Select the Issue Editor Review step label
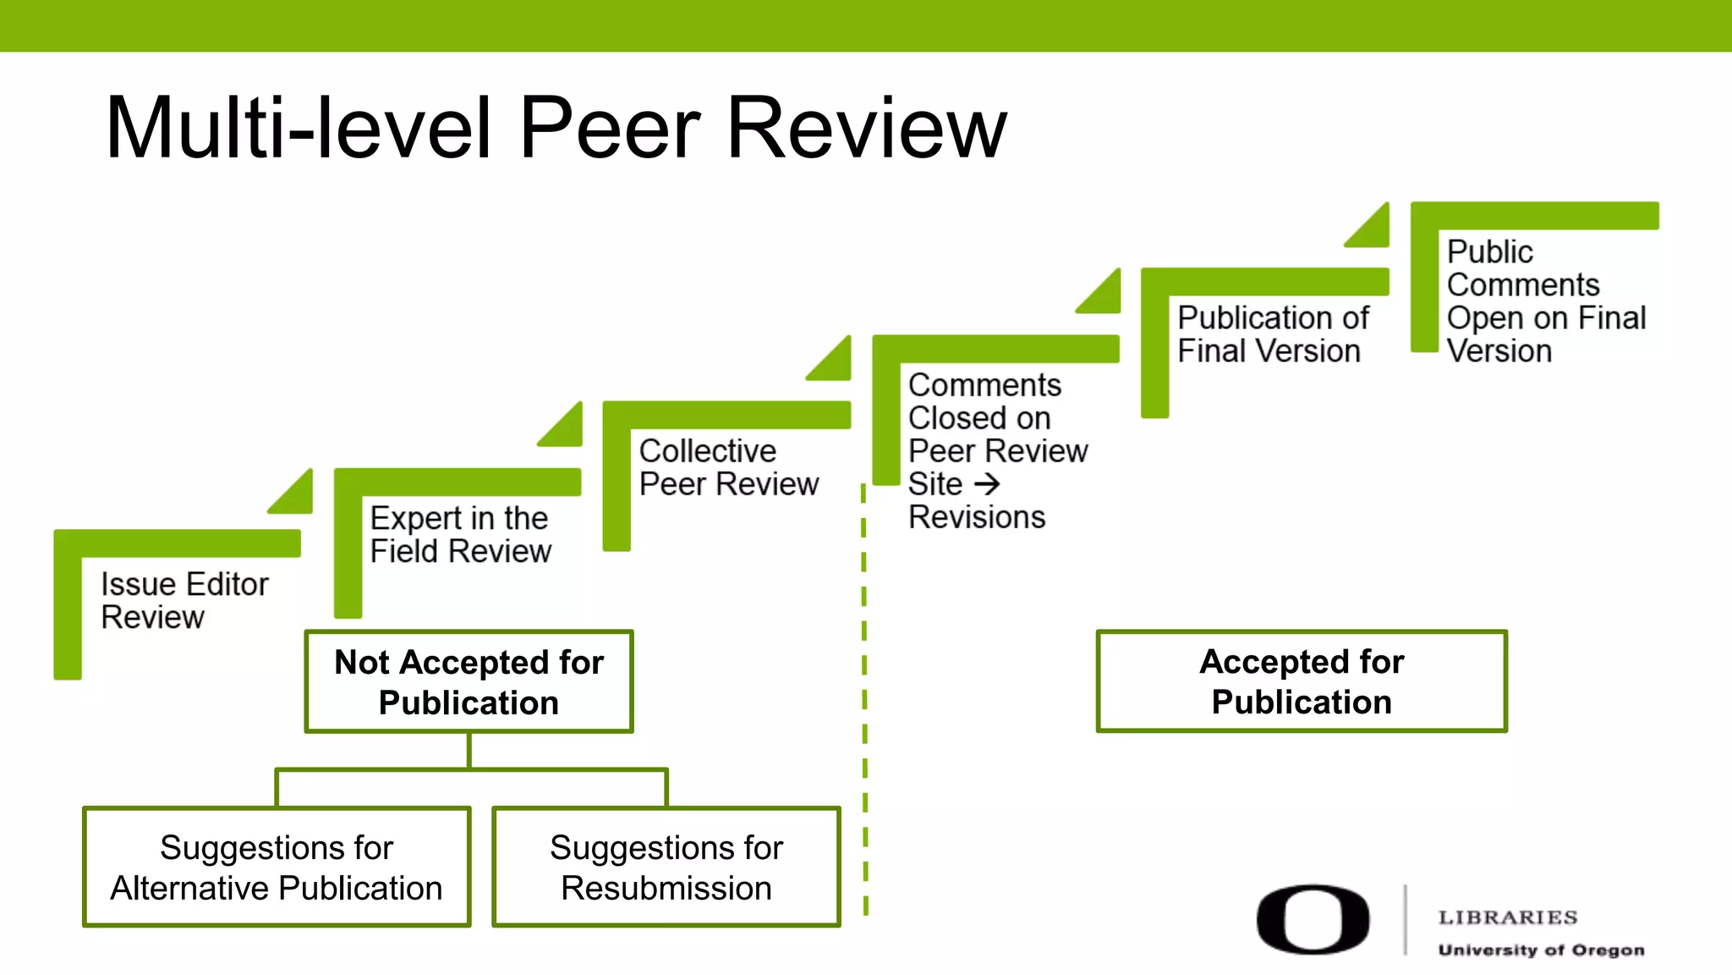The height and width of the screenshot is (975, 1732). [184, 600]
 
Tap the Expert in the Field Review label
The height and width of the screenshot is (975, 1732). [460, 534]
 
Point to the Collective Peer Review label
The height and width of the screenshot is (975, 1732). [728, 467]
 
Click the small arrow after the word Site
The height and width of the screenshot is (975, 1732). [987, 484]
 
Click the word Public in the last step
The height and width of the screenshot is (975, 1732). [1489, 251]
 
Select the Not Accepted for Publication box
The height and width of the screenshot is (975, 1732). [469, 681]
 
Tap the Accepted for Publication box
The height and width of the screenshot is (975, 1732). [1302, 681]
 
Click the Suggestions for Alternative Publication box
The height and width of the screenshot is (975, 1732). [277, 867]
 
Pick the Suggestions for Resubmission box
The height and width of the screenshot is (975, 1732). [666, 867]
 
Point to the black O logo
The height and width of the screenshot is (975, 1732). [1313, 920]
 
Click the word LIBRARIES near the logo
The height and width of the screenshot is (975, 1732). [1508, 917]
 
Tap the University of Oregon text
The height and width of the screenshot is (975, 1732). [1541, 950]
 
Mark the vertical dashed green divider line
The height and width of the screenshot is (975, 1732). [864, 702]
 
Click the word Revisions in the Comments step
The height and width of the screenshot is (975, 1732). [977, 517]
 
